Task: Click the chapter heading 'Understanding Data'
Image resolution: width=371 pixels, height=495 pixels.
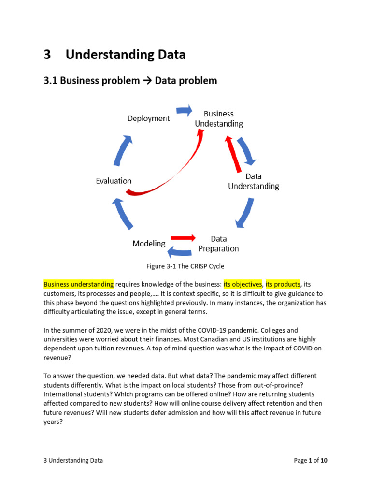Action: [x=125, y=55]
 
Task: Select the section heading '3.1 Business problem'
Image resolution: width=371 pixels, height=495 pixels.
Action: [x=92, y=81]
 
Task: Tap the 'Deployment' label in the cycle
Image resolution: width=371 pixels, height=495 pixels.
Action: [x=148, y=118]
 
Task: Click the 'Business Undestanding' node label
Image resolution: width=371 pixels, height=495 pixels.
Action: [x=218, y=118]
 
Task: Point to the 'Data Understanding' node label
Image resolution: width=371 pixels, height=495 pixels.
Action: [x=254, y=181]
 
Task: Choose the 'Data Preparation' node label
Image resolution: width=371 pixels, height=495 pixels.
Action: [x=218, y=244]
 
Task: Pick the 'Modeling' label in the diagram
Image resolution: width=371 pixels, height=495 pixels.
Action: [x=149, y=243]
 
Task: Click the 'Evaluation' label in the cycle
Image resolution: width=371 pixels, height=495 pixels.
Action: [x=114, y=181]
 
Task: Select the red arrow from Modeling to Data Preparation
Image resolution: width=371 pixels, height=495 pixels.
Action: [x=184, y=238]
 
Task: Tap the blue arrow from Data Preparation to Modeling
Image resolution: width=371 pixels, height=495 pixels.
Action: [x=180, y=251]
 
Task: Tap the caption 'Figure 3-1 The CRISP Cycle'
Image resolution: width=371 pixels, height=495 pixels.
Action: [x=185, y=266]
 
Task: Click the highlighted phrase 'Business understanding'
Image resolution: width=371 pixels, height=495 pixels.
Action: [x=79, y=284]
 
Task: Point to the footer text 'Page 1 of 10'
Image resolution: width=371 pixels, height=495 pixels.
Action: [x=311, y=461]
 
